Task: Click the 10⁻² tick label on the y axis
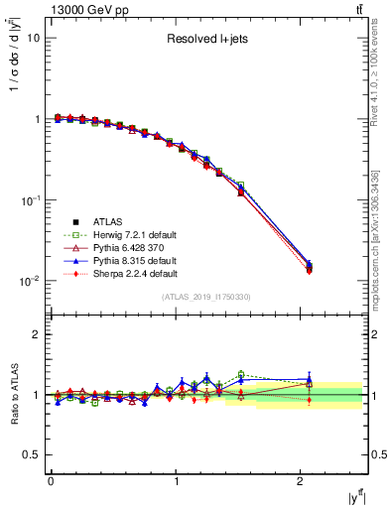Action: pyautogui.click(x=29, y=282)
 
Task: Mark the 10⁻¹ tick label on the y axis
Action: pyautogui.click(x=29, y=200)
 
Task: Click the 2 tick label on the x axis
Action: pyautogui.click(x=302, y=481)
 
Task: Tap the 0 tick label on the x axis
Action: pyautogui.click(x=51, y=481)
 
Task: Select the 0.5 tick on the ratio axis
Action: pyautogui.click(x=31, y=454)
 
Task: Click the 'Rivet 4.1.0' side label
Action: pyautogui.click(x=378, y=79)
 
